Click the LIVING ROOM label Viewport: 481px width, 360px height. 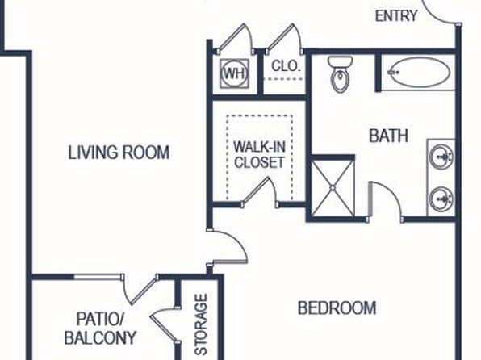(119, 153)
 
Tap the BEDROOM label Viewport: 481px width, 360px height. (337, 308)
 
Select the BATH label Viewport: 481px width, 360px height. (388, 136)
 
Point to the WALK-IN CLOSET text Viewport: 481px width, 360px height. (260, 154)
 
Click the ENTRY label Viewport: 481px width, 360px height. (396, 15)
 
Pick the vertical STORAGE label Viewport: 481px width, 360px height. (201, 324)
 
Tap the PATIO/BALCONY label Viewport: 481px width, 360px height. (100, 329)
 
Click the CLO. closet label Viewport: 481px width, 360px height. (285, 66)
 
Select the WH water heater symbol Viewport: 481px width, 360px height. (234, 73)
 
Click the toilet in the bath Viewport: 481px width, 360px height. (340, 74)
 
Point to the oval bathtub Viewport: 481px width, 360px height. (419, 73)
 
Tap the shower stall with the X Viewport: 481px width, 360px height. (333, 187)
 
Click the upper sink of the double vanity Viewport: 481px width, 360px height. (441, 157)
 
